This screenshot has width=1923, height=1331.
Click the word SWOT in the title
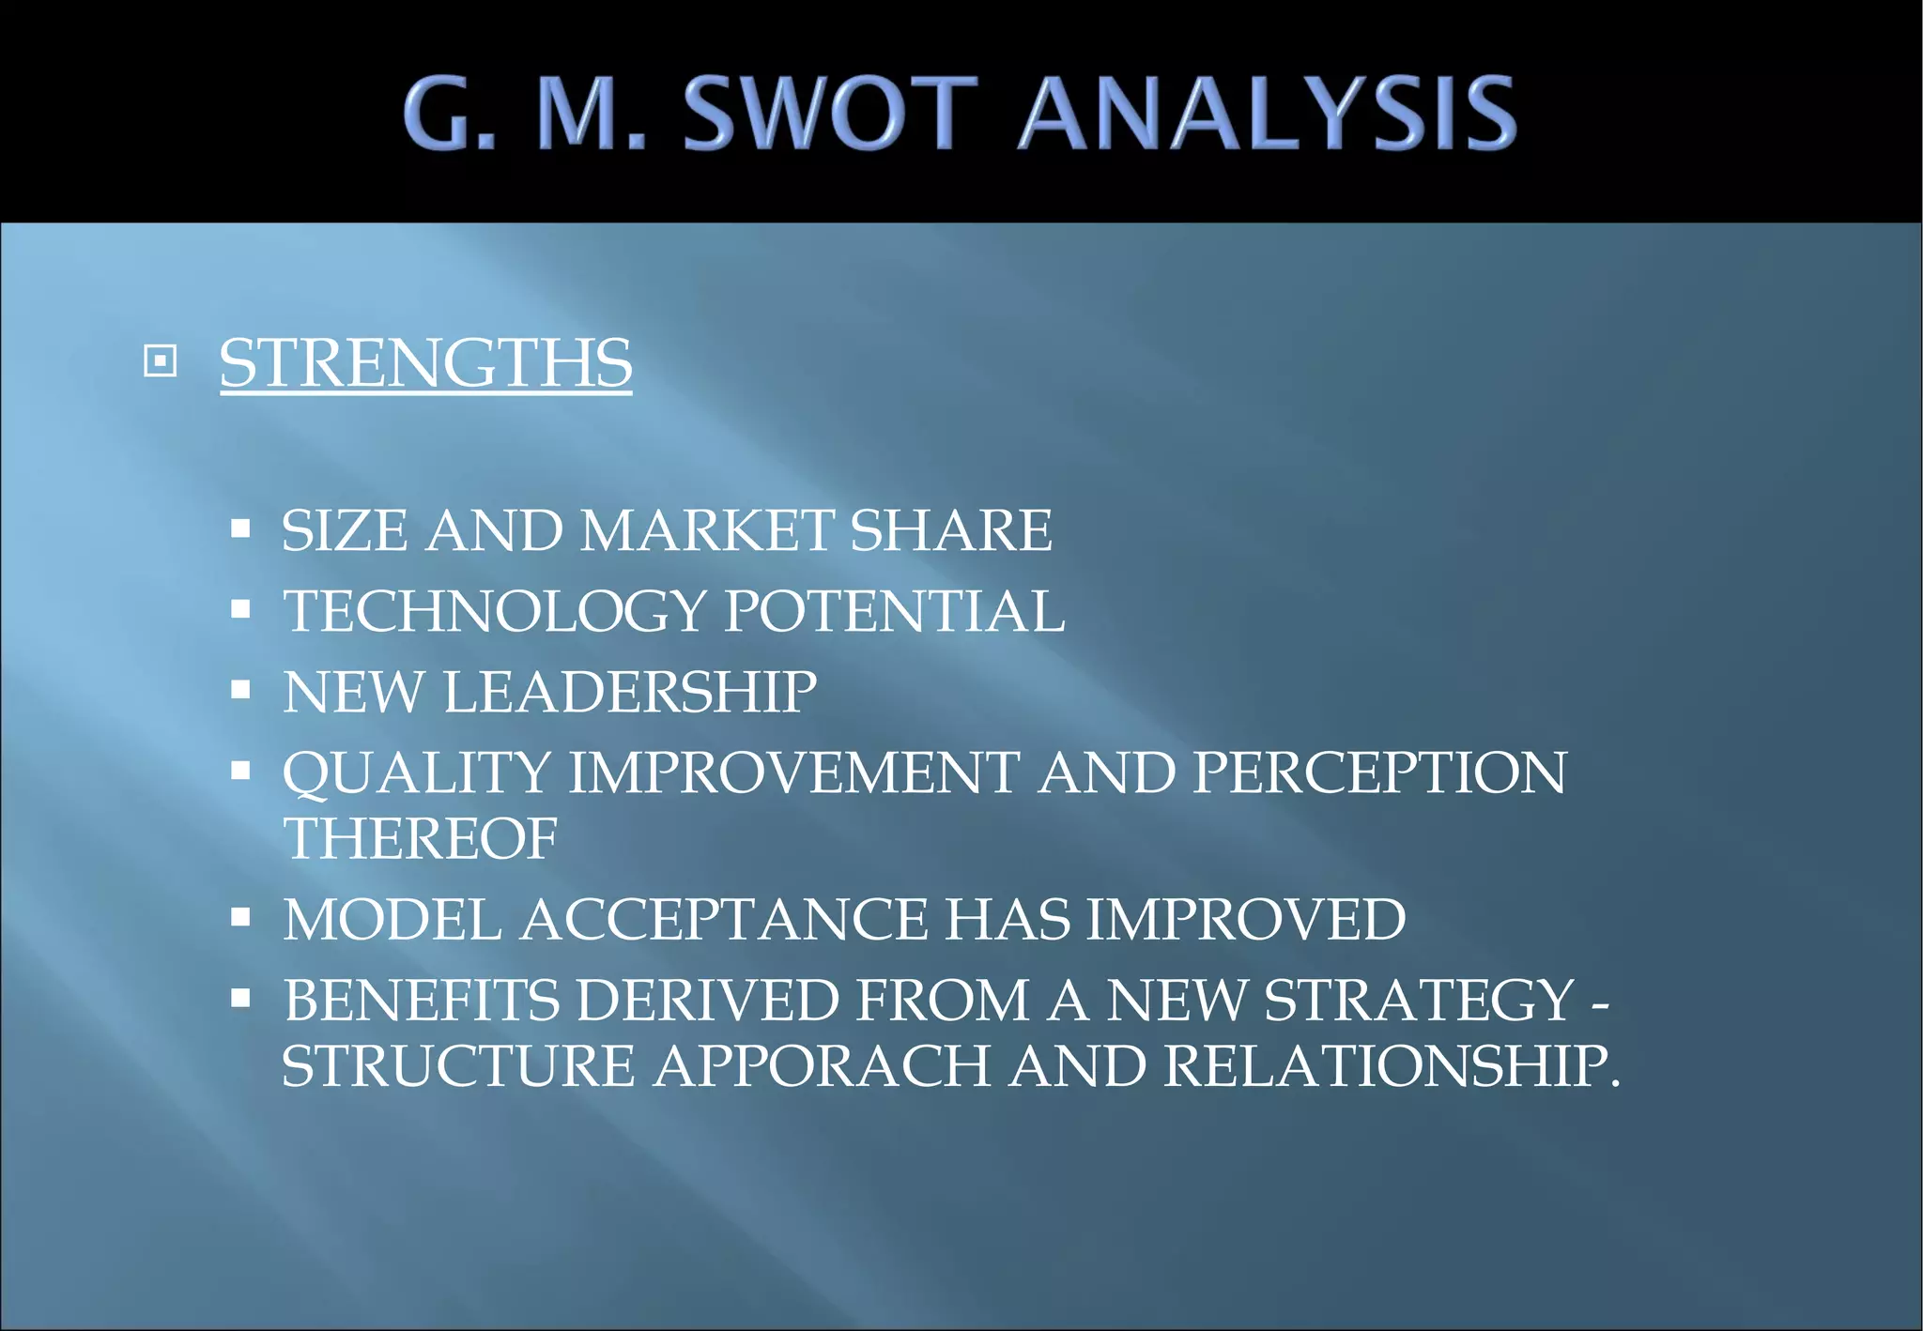point(831,114)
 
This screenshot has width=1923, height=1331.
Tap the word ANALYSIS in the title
point(1268,114)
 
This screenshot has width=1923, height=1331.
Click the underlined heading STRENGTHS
point(425,363)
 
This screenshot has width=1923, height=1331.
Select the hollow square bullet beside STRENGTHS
point(161,360)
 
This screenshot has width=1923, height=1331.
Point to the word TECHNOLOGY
point(495,611)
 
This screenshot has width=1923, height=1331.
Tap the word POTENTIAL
point(895,611)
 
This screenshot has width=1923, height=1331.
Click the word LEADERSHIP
point(630,692)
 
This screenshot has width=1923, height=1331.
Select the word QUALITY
point(417,773)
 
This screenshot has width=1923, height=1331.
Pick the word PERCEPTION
point(1379,773)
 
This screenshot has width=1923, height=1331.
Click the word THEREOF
point(421,838)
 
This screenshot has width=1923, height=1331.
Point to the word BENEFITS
point(422,1000)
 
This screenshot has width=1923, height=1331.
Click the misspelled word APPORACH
point(823,1066)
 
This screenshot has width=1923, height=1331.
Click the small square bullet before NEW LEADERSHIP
point(241,690)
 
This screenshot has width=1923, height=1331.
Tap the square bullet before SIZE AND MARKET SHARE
point(241,528)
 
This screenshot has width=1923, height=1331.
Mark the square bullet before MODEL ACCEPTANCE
point(241,917)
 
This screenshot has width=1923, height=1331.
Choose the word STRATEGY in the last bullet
point(1419,1000)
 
